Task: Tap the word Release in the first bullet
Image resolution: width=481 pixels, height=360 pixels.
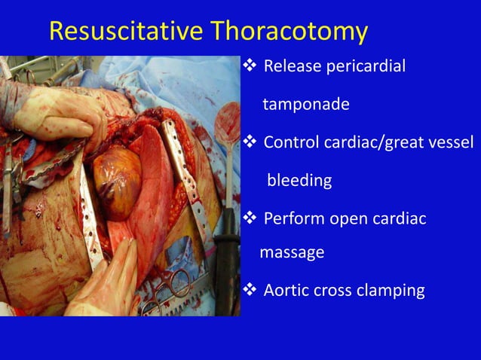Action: pos(290,66)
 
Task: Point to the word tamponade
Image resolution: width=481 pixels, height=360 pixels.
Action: pos(305,104)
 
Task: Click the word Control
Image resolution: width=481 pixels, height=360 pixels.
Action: pos(291,142)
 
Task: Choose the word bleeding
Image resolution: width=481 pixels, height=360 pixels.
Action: pos(299,181)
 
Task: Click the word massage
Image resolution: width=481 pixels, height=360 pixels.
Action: pos(292,253)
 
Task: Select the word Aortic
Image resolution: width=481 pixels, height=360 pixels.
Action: pos(285,291)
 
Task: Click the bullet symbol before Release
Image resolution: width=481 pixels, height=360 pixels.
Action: pos(250,66)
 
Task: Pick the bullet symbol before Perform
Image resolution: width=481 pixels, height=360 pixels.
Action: pos(250,219)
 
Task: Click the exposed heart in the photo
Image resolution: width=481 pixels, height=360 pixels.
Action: pos(118,181)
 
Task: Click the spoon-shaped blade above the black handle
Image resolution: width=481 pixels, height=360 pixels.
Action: pos(227,124)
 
